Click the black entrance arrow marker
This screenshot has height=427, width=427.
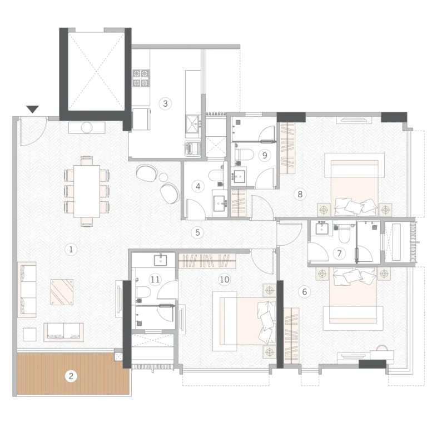pos(33,109)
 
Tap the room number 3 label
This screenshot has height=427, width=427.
pos(165,103)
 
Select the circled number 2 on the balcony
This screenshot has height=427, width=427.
pos(71,376)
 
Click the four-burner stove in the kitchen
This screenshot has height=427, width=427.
pos(141,78)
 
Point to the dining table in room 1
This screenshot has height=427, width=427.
pos(87,191)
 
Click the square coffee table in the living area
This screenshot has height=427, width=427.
pos(62,292)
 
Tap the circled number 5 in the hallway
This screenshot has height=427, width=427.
pos(197,232)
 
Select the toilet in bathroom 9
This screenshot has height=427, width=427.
pos(240,154)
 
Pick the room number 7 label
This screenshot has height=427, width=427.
pos(339,254)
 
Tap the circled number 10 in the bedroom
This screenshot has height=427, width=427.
pos(225,280)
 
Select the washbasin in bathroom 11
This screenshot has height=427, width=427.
pos(160,260)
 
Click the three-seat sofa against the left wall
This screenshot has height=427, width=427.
pos(27,290)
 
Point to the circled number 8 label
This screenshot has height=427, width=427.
pos(300,194)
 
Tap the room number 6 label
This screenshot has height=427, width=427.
pos(305,292)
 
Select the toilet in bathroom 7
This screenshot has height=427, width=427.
pos(345,234)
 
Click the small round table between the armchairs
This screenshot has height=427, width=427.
pos(163,177)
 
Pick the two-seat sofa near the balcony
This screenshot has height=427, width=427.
pos(64,332)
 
